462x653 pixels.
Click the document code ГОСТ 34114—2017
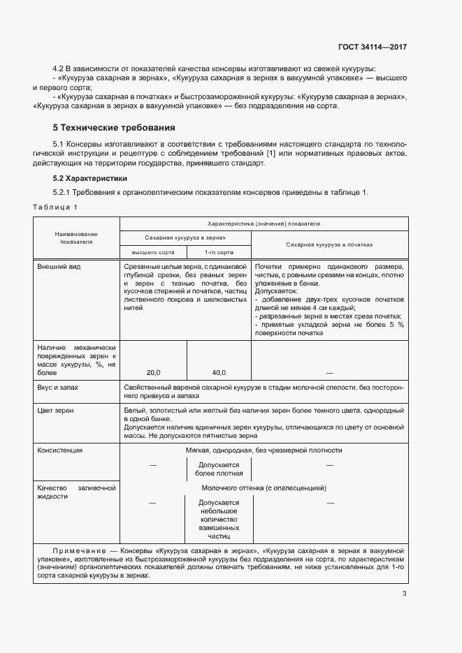tap(372, 47)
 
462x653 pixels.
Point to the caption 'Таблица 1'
tap(55, 207)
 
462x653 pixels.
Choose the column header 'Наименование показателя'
tap(77, 237)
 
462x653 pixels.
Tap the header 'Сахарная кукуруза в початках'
tap(329, 245)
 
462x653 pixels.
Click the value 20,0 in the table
tap(153, 373)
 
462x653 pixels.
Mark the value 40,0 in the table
tap(219, 373)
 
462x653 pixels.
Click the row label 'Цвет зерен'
tap(56, 410)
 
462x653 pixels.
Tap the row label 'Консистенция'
tap(60, 450)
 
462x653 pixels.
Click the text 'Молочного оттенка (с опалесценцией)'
tap(264, 488)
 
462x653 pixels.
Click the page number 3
tap(404, 594)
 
